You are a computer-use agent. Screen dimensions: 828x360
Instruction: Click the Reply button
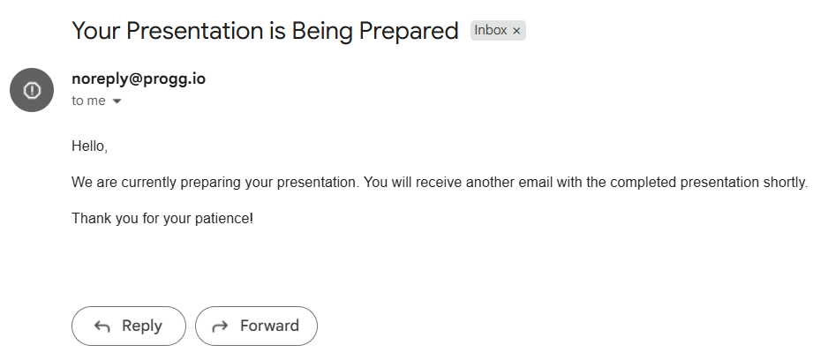(x=129, y=326)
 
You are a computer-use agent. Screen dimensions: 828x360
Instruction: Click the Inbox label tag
(x=498, y=31)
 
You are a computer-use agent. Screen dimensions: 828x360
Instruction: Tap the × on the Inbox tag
(x=516, y=31)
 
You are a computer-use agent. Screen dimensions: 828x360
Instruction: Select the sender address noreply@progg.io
(x=139, y=79)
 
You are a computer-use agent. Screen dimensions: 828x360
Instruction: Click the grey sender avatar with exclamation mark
(x=32, y=90)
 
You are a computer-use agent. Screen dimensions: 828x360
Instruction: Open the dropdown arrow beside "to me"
(x=117, y=101)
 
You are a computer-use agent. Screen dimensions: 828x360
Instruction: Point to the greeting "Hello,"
(x=90, y=146)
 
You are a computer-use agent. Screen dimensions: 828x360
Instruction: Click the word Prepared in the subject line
(x=408, y=31)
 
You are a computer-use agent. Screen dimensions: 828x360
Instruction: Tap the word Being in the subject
(x=323, y=31)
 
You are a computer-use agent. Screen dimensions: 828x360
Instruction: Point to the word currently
(x=148, y=183)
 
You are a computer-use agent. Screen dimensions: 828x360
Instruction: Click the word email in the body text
(x=536, y=182)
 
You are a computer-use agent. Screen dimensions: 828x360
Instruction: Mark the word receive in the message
(x=439, y=182)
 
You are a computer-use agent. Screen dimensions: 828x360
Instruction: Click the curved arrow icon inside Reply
(x=102, y=326)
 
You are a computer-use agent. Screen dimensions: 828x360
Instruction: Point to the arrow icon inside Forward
(x=220, y=326)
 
